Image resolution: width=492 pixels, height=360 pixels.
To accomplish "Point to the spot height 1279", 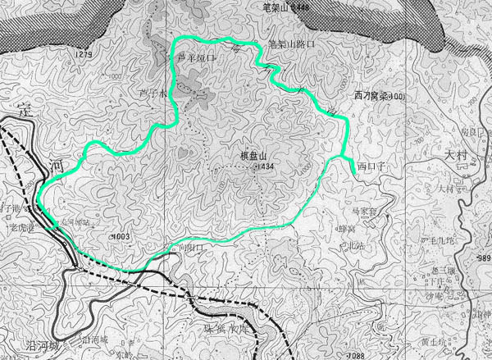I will [x=83, y=55].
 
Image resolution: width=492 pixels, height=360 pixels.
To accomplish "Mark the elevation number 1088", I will [x=355, y=354].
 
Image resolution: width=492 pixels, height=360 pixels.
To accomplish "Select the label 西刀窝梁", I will [x=368, y=96].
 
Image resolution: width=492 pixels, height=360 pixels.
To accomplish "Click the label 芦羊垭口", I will [x=197, y=59].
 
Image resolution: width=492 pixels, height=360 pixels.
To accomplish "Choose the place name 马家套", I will [x=362, y=212].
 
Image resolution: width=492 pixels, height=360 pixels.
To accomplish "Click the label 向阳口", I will [x=185, y=247].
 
